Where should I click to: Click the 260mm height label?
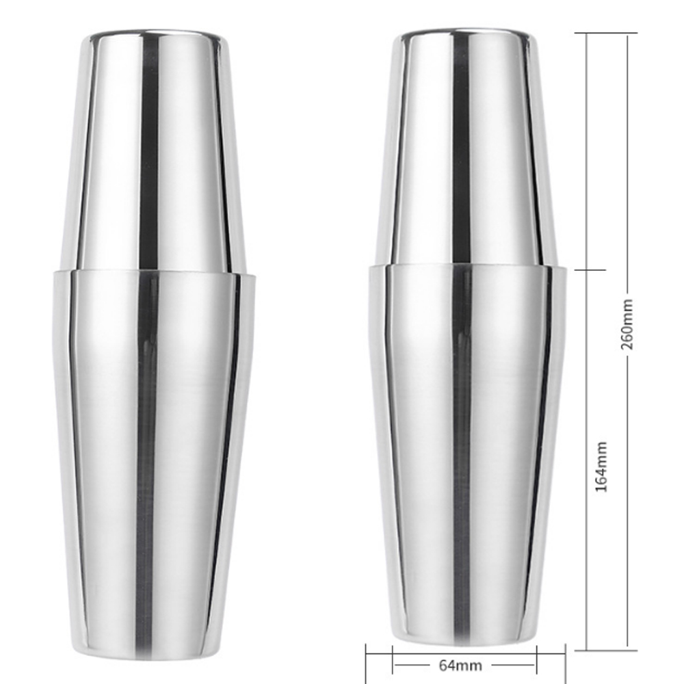click(627, 324)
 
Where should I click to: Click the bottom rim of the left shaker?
click(154, 655)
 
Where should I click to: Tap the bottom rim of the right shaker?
click(465, 647)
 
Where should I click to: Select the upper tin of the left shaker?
click(154, 150)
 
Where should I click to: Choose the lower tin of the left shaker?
click(154, 458)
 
